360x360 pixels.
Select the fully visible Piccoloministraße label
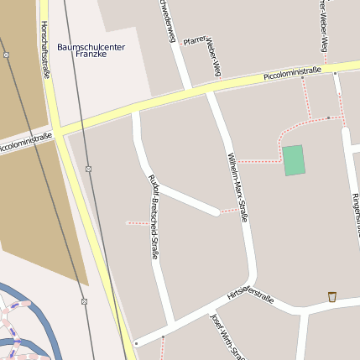(292, 75)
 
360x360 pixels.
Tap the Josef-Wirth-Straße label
(227, 336)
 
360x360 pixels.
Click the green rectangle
(293, 159)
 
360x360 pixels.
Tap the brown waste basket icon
(332, 296)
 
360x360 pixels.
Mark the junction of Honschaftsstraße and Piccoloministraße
(58, 132)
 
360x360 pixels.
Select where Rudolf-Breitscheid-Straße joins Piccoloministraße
(136, 109)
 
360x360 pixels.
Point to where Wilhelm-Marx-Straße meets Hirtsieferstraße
(249, 279)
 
